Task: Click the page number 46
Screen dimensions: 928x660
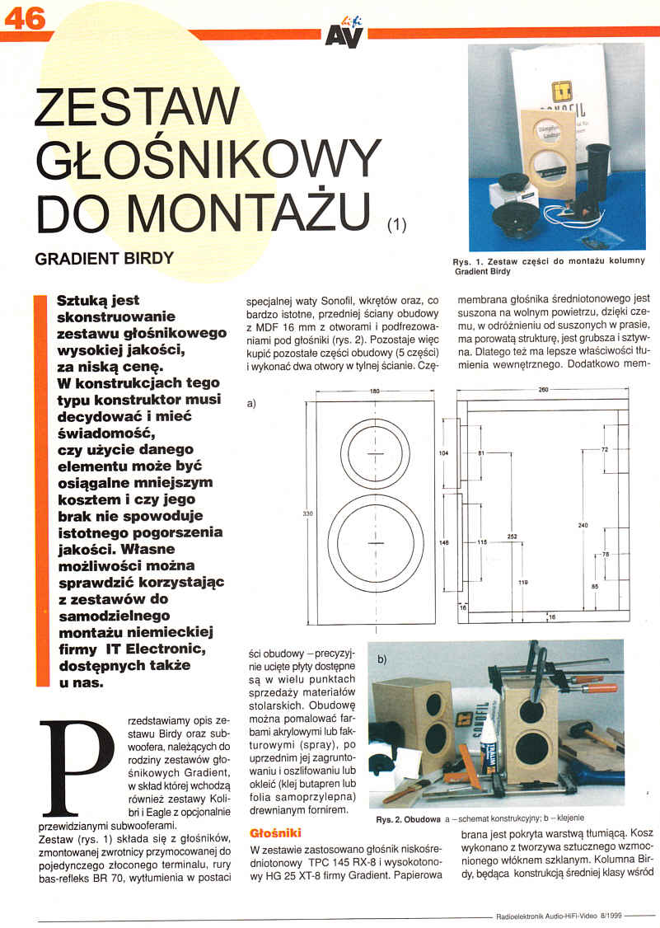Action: click(26, 17)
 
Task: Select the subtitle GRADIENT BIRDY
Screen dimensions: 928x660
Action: click(104, 258)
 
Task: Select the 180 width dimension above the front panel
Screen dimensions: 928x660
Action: click(375, 390)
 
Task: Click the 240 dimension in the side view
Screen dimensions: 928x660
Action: click(583, 525)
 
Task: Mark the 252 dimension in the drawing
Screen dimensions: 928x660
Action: click(512, 537)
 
